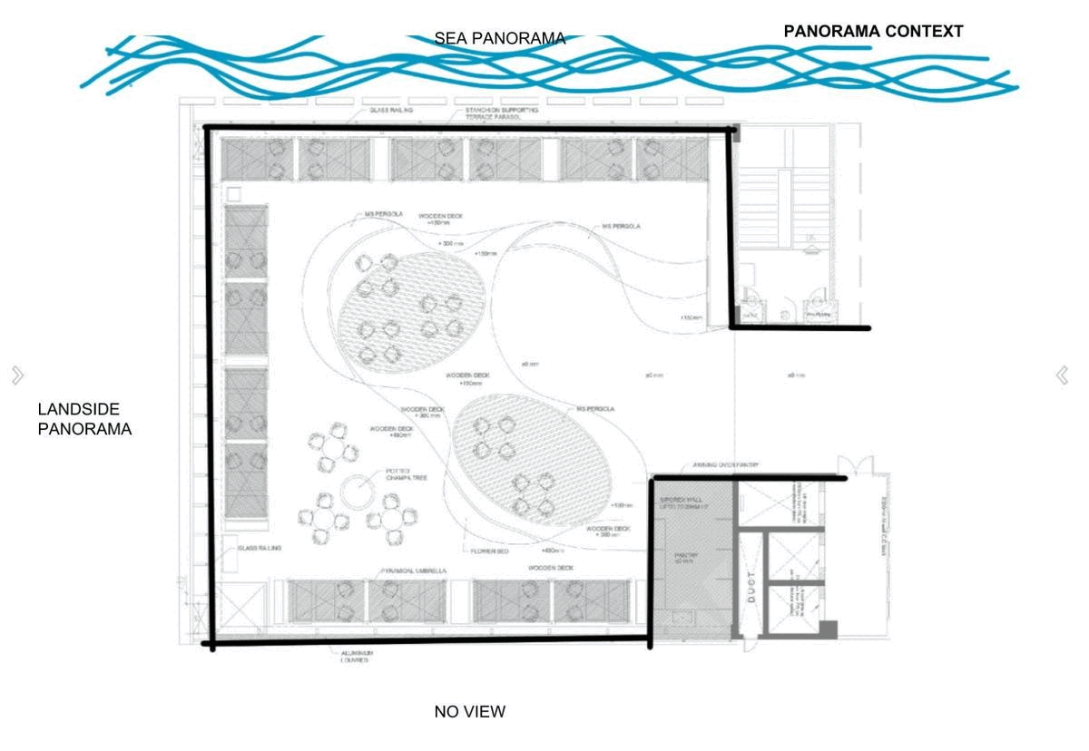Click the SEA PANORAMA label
click(499, 39)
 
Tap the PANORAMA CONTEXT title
click(873, 32)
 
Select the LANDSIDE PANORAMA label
click(84, 420)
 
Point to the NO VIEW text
click(469, 712)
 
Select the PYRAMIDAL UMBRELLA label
click(413, 571)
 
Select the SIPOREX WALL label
click(681, 503)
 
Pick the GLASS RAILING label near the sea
click(391, 110)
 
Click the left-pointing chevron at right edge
click(1062, 375)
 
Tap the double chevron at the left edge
click(17, 375)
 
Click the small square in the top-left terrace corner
click(234, 193)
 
